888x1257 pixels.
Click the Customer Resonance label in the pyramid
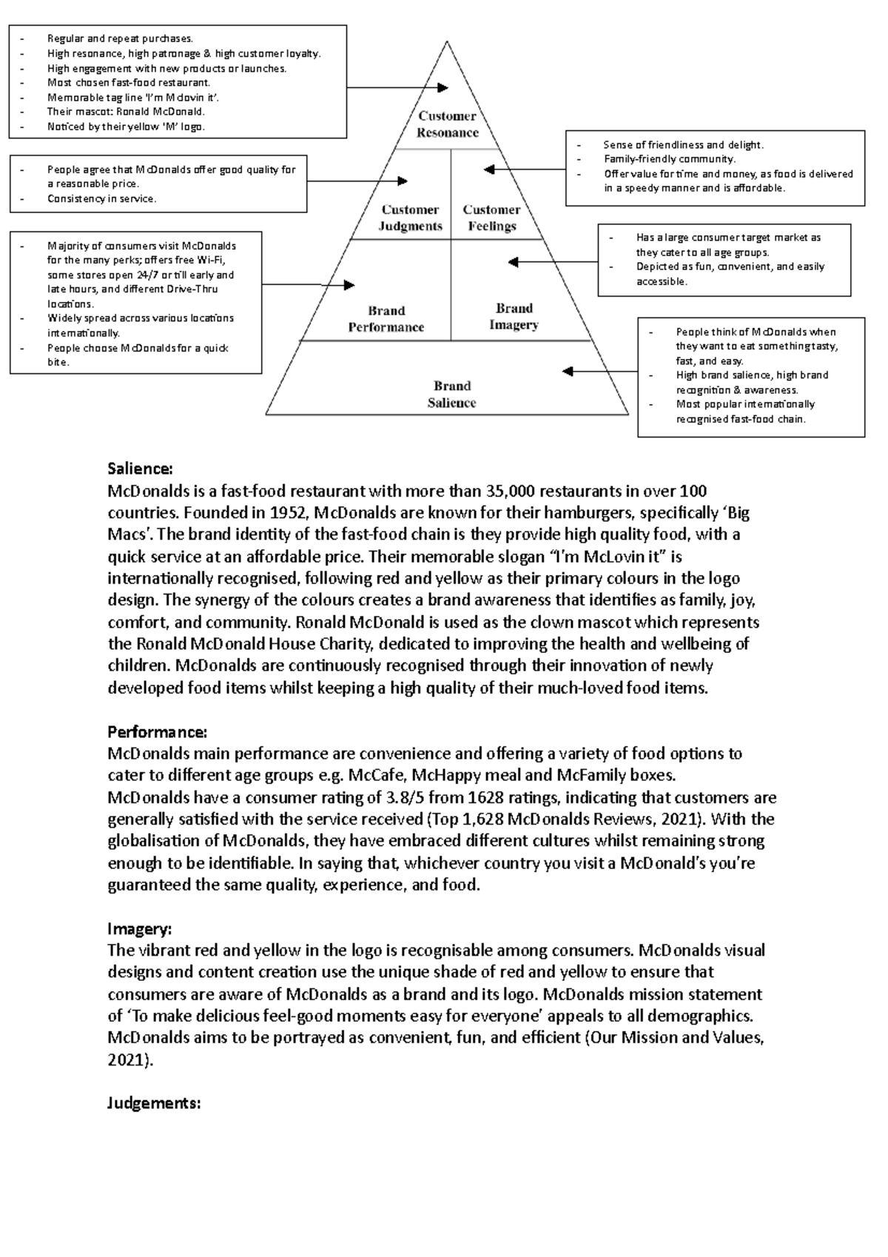(447, 124)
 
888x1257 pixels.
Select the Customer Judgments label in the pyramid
(410, 218)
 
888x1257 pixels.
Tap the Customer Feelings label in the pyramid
(491, 218)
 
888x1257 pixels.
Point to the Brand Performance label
(386, 319)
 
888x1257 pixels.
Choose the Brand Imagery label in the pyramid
(514, 316)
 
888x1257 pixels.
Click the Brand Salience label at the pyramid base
(451, 395)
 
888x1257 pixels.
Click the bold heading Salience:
(140, 469)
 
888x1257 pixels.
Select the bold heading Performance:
(158, 732)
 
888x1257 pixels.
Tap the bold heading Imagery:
(140, 928)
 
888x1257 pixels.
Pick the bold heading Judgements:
(154, 1103)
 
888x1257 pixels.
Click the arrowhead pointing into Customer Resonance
(443, 87)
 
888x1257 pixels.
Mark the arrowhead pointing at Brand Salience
(568, 372)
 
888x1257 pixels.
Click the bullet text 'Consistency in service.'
(101, 198)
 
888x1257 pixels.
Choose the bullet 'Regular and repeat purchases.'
(120, 38)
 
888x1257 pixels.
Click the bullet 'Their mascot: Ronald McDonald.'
(126, 112)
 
